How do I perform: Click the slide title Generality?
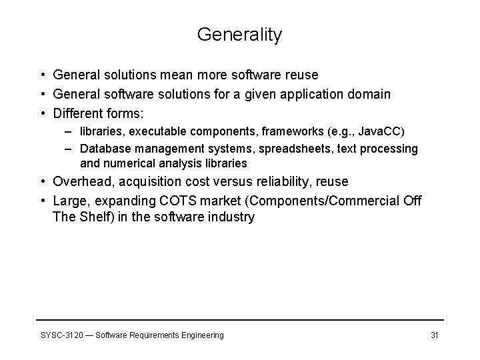(239, 35)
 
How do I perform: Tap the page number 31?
(434, 335)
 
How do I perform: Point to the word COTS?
(195, 201)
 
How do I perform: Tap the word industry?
(231, 217)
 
